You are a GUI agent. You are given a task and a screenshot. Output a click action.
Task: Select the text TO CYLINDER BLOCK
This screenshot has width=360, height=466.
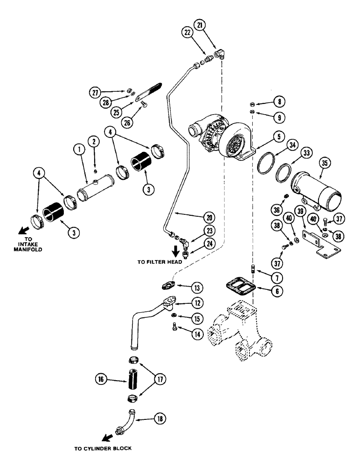point(104,449)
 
